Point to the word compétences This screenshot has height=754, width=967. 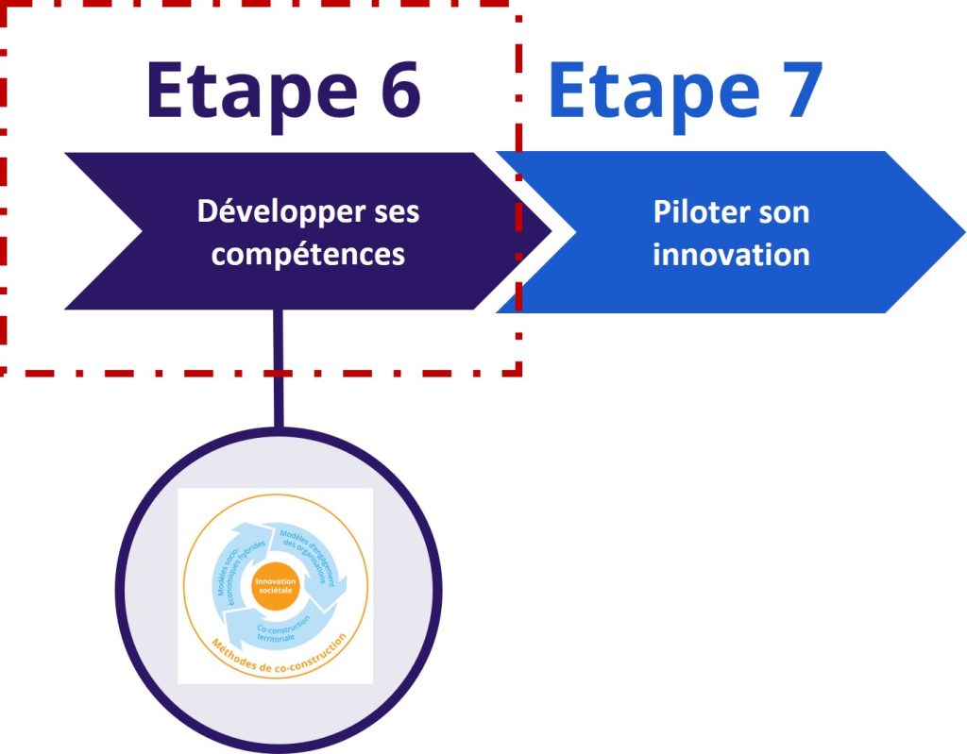click(x=308, y=255)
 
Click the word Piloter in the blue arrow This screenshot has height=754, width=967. click(x=688, y=212)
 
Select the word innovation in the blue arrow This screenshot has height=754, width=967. click(x=731, y=255)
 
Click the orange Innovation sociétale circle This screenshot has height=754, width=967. click(x=276, y=587)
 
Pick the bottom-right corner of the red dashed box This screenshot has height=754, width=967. click(x=518, y=372)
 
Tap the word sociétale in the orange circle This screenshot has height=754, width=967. click(x=276, y=592)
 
